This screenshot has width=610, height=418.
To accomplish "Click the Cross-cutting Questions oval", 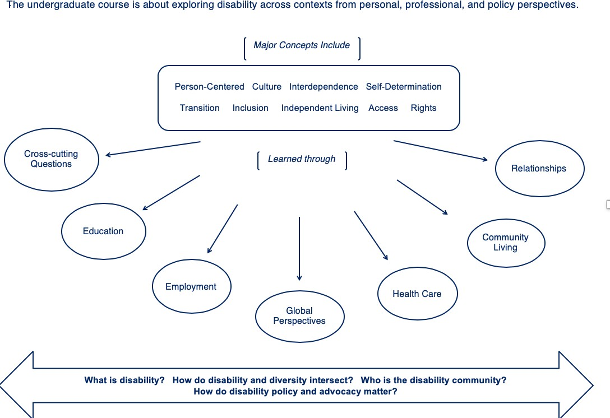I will click(x=51, y=159).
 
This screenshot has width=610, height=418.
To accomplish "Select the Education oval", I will click(x=103, y=231).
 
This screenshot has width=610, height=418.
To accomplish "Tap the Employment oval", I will click(x=191, y=287).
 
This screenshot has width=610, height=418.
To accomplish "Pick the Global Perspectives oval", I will click(x=299, y=316).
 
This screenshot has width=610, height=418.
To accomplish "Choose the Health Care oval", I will click(x=417, y=294).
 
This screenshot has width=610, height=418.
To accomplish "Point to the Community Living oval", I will click(x=505, y=243).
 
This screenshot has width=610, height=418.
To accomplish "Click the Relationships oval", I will click(x=539, y=169).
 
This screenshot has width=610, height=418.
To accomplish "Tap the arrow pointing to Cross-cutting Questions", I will click(x=153, y=148).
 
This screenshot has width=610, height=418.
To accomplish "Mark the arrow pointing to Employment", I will click(x=223, y=229).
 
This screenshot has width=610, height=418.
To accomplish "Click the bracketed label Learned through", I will click(x=302, y=159).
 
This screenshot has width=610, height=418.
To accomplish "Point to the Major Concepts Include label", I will click(x=302, y=45).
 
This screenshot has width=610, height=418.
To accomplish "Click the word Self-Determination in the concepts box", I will click(x=404, y=87).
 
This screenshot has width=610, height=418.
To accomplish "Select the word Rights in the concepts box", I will click(x=423, y=108).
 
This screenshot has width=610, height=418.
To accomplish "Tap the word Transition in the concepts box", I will click(x=200, y=108).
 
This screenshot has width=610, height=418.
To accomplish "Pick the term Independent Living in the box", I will click(x=320, y=108).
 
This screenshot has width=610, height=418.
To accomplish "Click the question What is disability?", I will click(x=124, y=380).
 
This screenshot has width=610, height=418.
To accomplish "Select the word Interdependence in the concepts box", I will click(x=324, y=87).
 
